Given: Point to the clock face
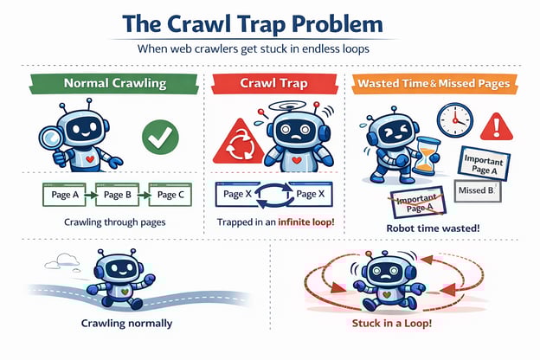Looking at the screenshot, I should pos(453,119).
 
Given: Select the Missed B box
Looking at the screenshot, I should pos(477,190).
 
